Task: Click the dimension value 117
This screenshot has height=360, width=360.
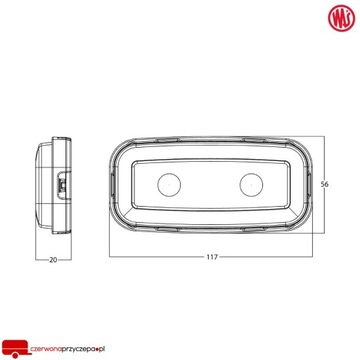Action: click(214, 259)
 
